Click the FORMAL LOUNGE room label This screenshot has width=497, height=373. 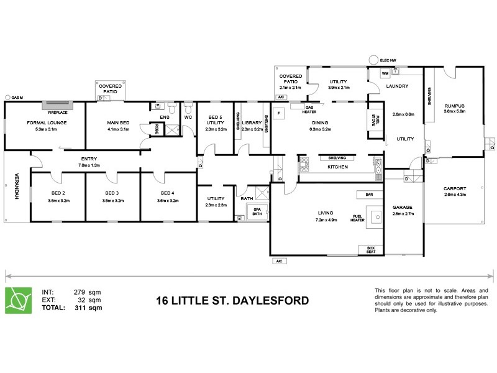(47, 123)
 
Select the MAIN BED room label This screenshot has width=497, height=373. (118, 123)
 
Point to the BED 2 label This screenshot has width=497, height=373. (59, 194)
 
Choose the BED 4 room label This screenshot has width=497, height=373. (168, 194)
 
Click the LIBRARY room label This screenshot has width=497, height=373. (252, 123)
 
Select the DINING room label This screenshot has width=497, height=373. (320, 123)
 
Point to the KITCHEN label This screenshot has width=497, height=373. (337, 167)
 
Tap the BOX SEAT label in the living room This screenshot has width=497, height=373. (371, 251)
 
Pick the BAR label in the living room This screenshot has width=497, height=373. (369, 195)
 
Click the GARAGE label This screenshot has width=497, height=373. (403, 208)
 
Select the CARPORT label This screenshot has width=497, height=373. (455, 189)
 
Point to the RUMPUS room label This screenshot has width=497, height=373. (455, 106)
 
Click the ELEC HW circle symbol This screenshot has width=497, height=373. (373, 60)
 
